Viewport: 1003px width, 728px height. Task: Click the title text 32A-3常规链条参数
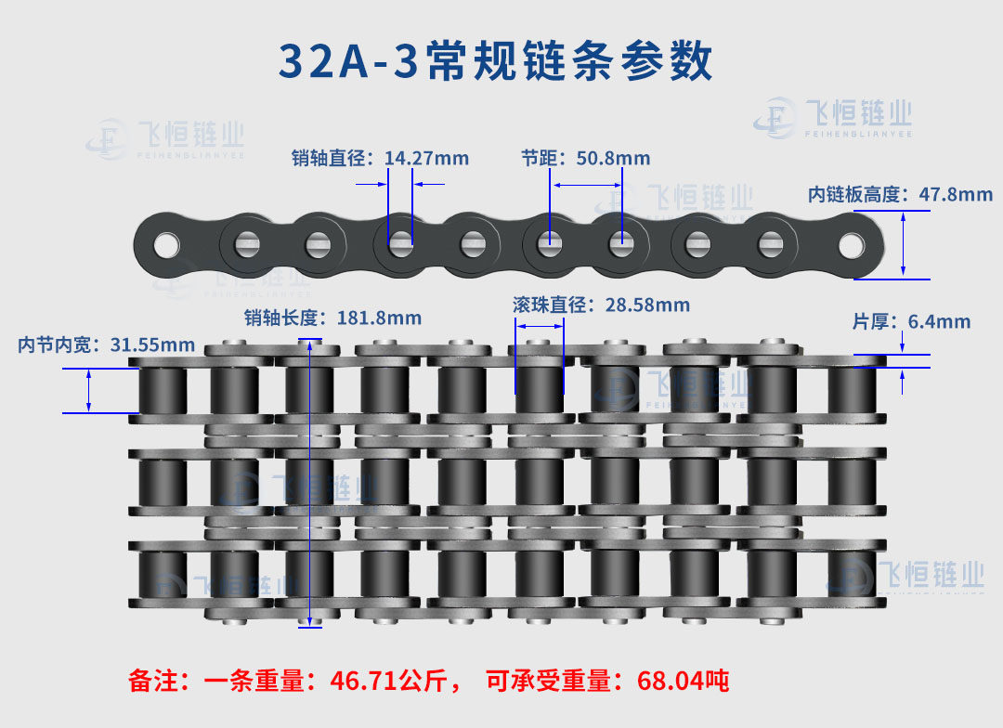point(496,60)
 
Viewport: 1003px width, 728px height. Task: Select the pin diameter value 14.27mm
point(426,158)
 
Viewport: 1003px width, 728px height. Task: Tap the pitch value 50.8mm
point(614,158)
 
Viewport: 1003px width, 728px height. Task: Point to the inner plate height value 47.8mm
point(956,194)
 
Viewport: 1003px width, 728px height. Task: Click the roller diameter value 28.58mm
point(647,305)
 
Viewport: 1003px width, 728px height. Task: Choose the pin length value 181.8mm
point(379,318)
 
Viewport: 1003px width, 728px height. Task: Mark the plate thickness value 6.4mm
point(939,321)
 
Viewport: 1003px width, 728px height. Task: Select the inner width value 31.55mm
point(153,344)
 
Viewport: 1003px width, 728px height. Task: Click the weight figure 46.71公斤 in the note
point(388,681)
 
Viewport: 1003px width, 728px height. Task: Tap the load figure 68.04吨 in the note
point(683,681)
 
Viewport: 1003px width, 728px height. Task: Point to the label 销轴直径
point(328,158)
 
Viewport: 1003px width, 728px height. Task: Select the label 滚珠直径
point(550,305)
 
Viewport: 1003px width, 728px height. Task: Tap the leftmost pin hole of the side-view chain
point(166,246)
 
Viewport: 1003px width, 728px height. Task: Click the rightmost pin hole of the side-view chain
point(852,246)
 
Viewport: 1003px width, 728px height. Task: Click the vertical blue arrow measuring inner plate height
point(904,245)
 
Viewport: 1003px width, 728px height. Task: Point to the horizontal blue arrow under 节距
point(587,186)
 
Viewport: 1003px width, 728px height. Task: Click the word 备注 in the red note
point(153,681)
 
